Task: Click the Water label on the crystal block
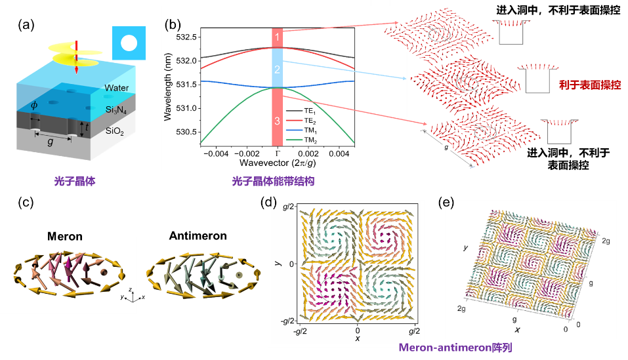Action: [x=117, y=88]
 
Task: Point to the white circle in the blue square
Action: [x=129, y=44]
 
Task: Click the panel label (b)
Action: [x=172, y=25]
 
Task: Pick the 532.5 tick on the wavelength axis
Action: [x=185, y=37]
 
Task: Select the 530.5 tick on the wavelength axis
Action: [x=185, y=132]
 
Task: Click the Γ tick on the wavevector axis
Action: [x=276, y=152]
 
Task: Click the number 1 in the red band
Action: [x=277, y=37]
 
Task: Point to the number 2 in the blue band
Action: [x=277, y=69]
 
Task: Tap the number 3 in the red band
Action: [x=277, y=121]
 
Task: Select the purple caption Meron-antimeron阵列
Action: [x=455, y=348]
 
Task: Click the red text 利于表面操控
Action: [x=590, y=85]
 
